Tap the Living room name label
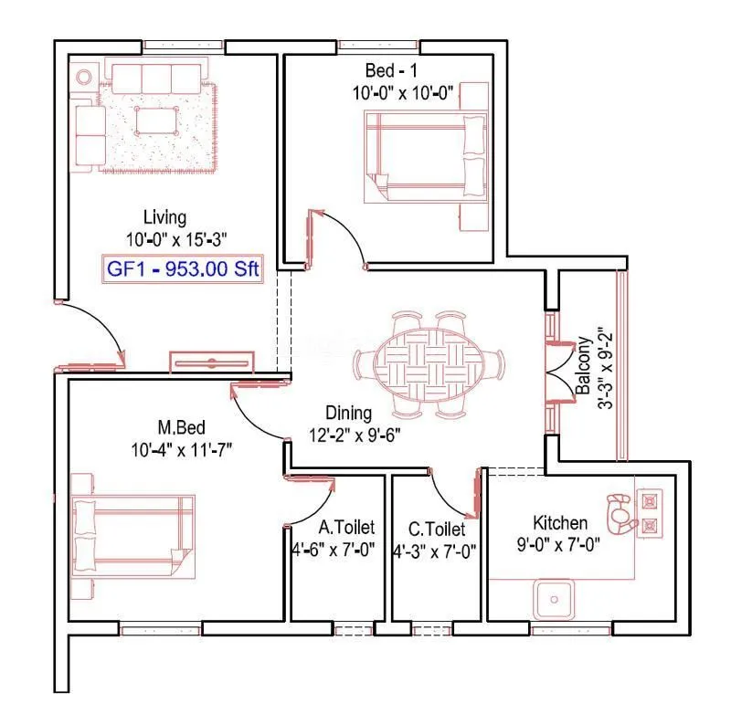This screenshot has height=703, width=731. point(164,217)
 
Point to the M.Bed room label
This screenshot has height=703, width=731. point(180,427)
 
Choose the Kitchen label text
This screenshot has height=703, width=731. point(560,523)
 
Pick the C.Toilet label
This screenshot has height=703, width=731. point(436,529)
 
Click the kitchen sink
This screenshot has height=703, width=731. point(554,598)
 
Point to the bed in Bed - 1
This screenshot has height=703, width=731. point(425,156)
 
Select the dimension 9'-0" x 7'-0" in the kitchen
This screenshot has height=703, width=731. point(559,545)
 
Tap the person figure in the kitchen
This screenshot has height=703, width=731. point(620,513)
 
